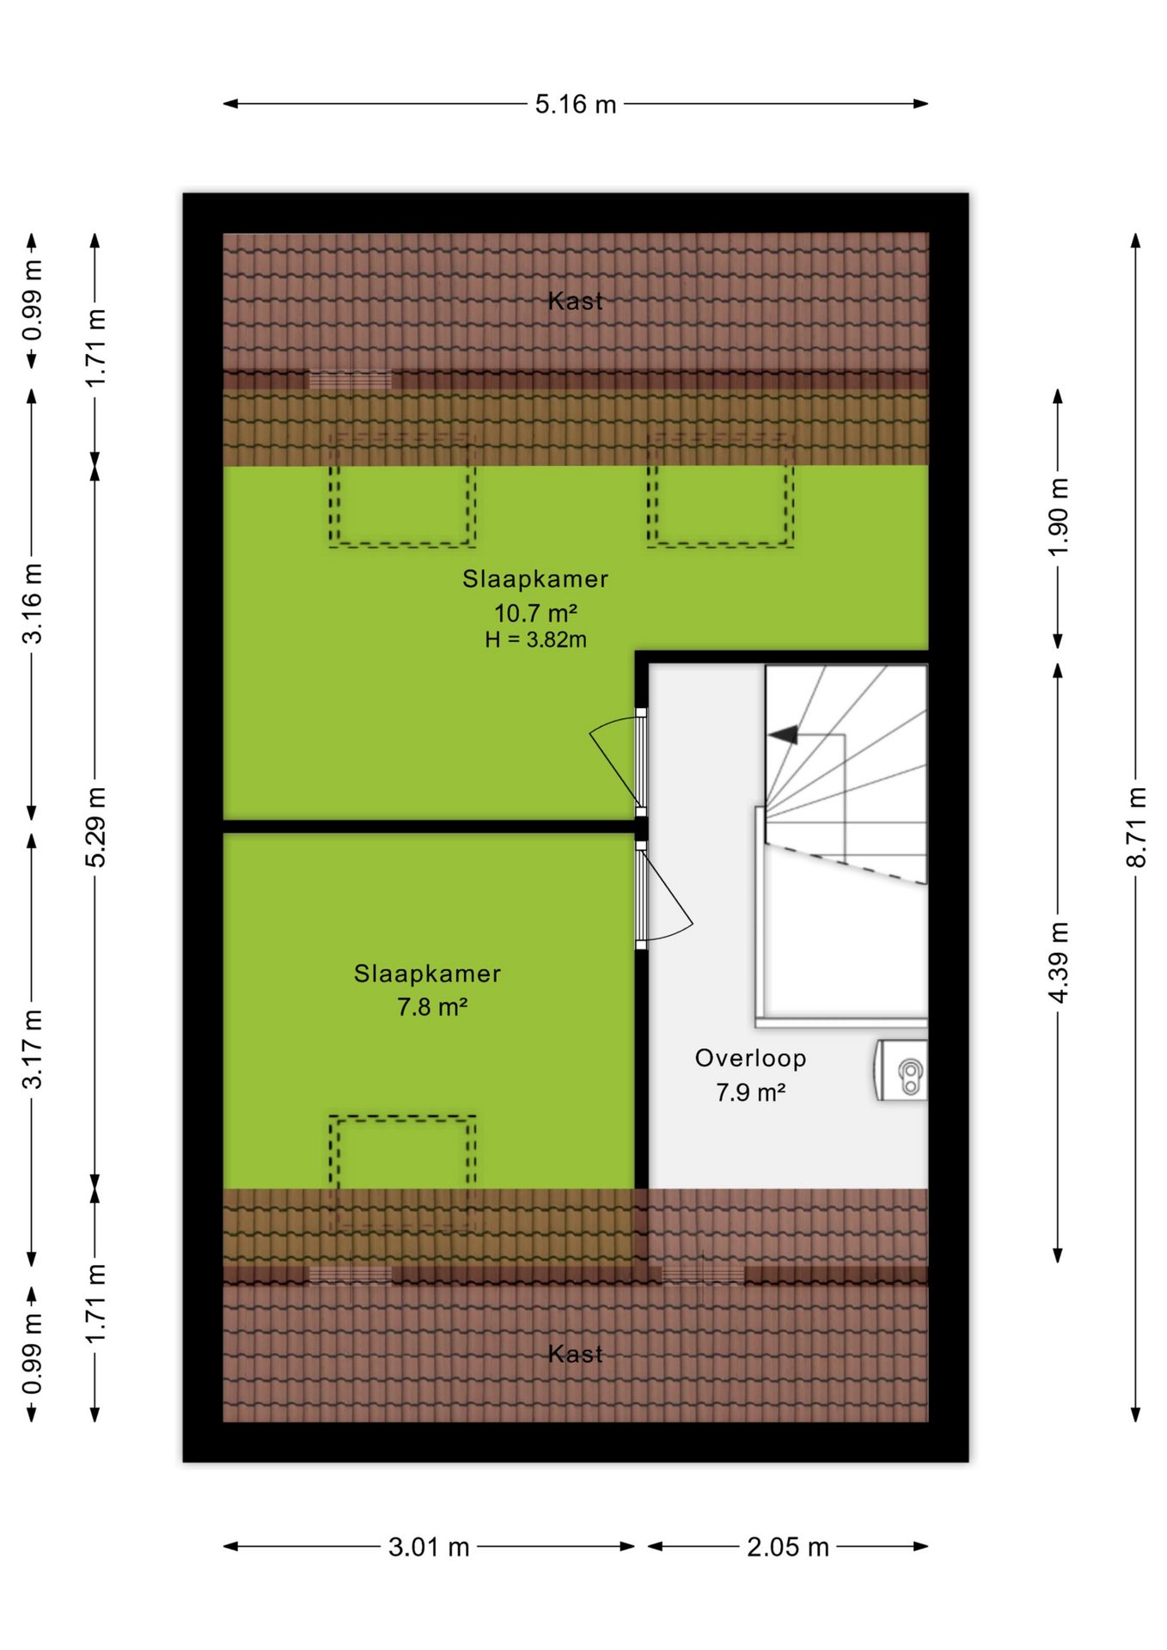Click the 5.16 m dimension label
[x=576, y=104]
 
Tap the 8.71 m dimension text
[x=1136, y=827]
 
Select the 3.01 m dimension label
[x=429, y=1547]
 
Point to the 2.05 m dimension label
[x=788, y=1547]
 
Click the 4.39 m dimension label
[x=1059, y=962]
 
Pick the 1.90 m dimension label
[x=1059, y=517]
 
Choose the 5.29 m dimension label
[x=95, y=827]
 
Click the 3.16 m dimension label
[x=32, y=604]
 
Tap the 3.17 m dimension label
[x=32, y=1049]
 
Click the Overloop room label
[x=750, y=1058]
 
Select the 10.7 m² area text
[x=535, y=613]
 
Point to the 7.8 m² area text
[x=431, y=1006]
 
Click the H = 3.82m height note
[x=535, y=639]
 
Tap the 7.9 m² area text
[x=750, y=1092]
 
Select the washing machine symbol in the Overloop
[x=901, y=1070]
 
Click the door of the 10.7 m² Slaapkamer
[x=619, y=761]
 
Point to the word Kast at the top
[x=576, y=301]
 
